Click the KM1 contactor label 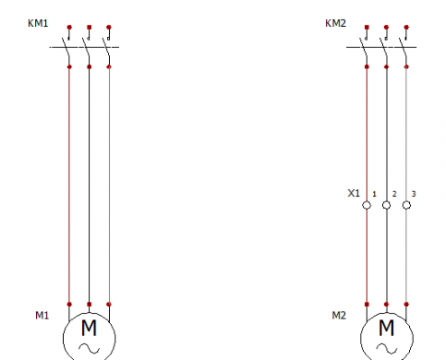(x=38, y=23)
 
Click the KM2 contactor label (x=336, y=23)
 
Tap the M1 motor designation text (x=42, y=315)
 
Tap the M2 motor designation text (x=339, y=315)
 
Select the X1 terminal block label (x=353, y=193)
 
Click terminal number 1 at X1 (x=374, y=194)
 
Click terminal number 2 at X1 (x=395, y=194)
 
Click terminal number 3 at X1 (x=414, y=194)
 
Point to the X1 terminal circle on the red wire (x=367, y=205)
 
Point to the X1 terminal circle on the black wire (x=387, y=205)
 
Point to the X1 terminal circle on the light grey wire (x=406, y=205)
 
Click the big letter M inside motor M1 (x=89, y=328)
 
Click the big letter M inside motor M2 (x=387, y=328)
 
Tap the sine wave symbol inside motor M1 (x=89, y=348)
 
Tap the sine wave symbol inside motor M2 (x=387, y=348)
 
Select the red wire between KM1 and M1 (x=69, y=185)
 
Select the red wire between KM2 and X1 (x=367, y=134)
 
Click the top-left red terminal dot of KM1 (x=69, y=27)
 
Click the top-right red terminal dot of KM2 (x=406, y=27)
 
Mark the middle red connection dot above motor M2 (x=387, y=304)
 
